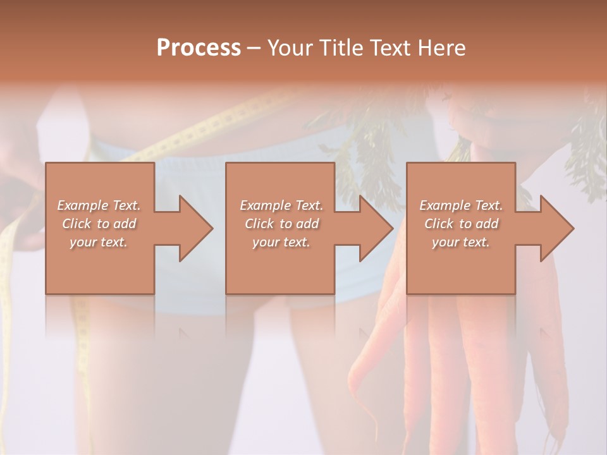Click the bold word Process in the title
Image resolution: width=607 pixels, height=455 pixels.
[x=199, y=48]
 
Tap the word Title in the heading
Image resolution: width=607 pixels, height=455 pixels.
[x=338, y=48]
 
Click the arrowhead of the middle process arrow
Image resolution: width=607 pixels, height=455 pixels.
[x=376, y=228]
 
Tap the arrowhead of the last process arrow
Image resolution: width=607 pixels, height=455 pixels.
[x=556, y=228]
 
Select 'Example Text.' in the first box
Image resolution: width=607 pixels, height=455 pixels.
[x=99, y=205]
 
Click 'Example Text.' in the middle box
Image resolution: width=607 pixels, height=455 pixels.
[x=281, y=205]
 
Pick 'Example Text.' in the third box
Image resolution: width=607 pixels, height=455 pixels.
[x=461, y=205]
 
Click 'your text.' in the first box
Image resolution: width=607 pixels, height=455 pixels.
[x=99, y=242]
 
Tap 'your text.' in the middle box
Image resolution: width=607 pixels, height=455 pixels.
[x=281, y=242]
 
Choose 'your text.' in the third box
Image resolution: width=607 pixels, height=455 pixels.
[x=461, y=242]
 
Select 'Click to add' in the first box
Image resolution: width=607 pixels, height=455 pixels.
[x=99, y=224]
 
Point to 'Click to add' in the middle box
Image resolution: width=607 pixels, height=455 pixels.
[x=281, y=224]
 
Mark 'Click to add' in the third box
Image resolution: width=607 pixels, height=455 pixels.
[x=461, y=224]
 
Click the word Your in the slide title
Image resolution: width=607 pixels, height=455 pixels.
[x=289, y=48]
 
